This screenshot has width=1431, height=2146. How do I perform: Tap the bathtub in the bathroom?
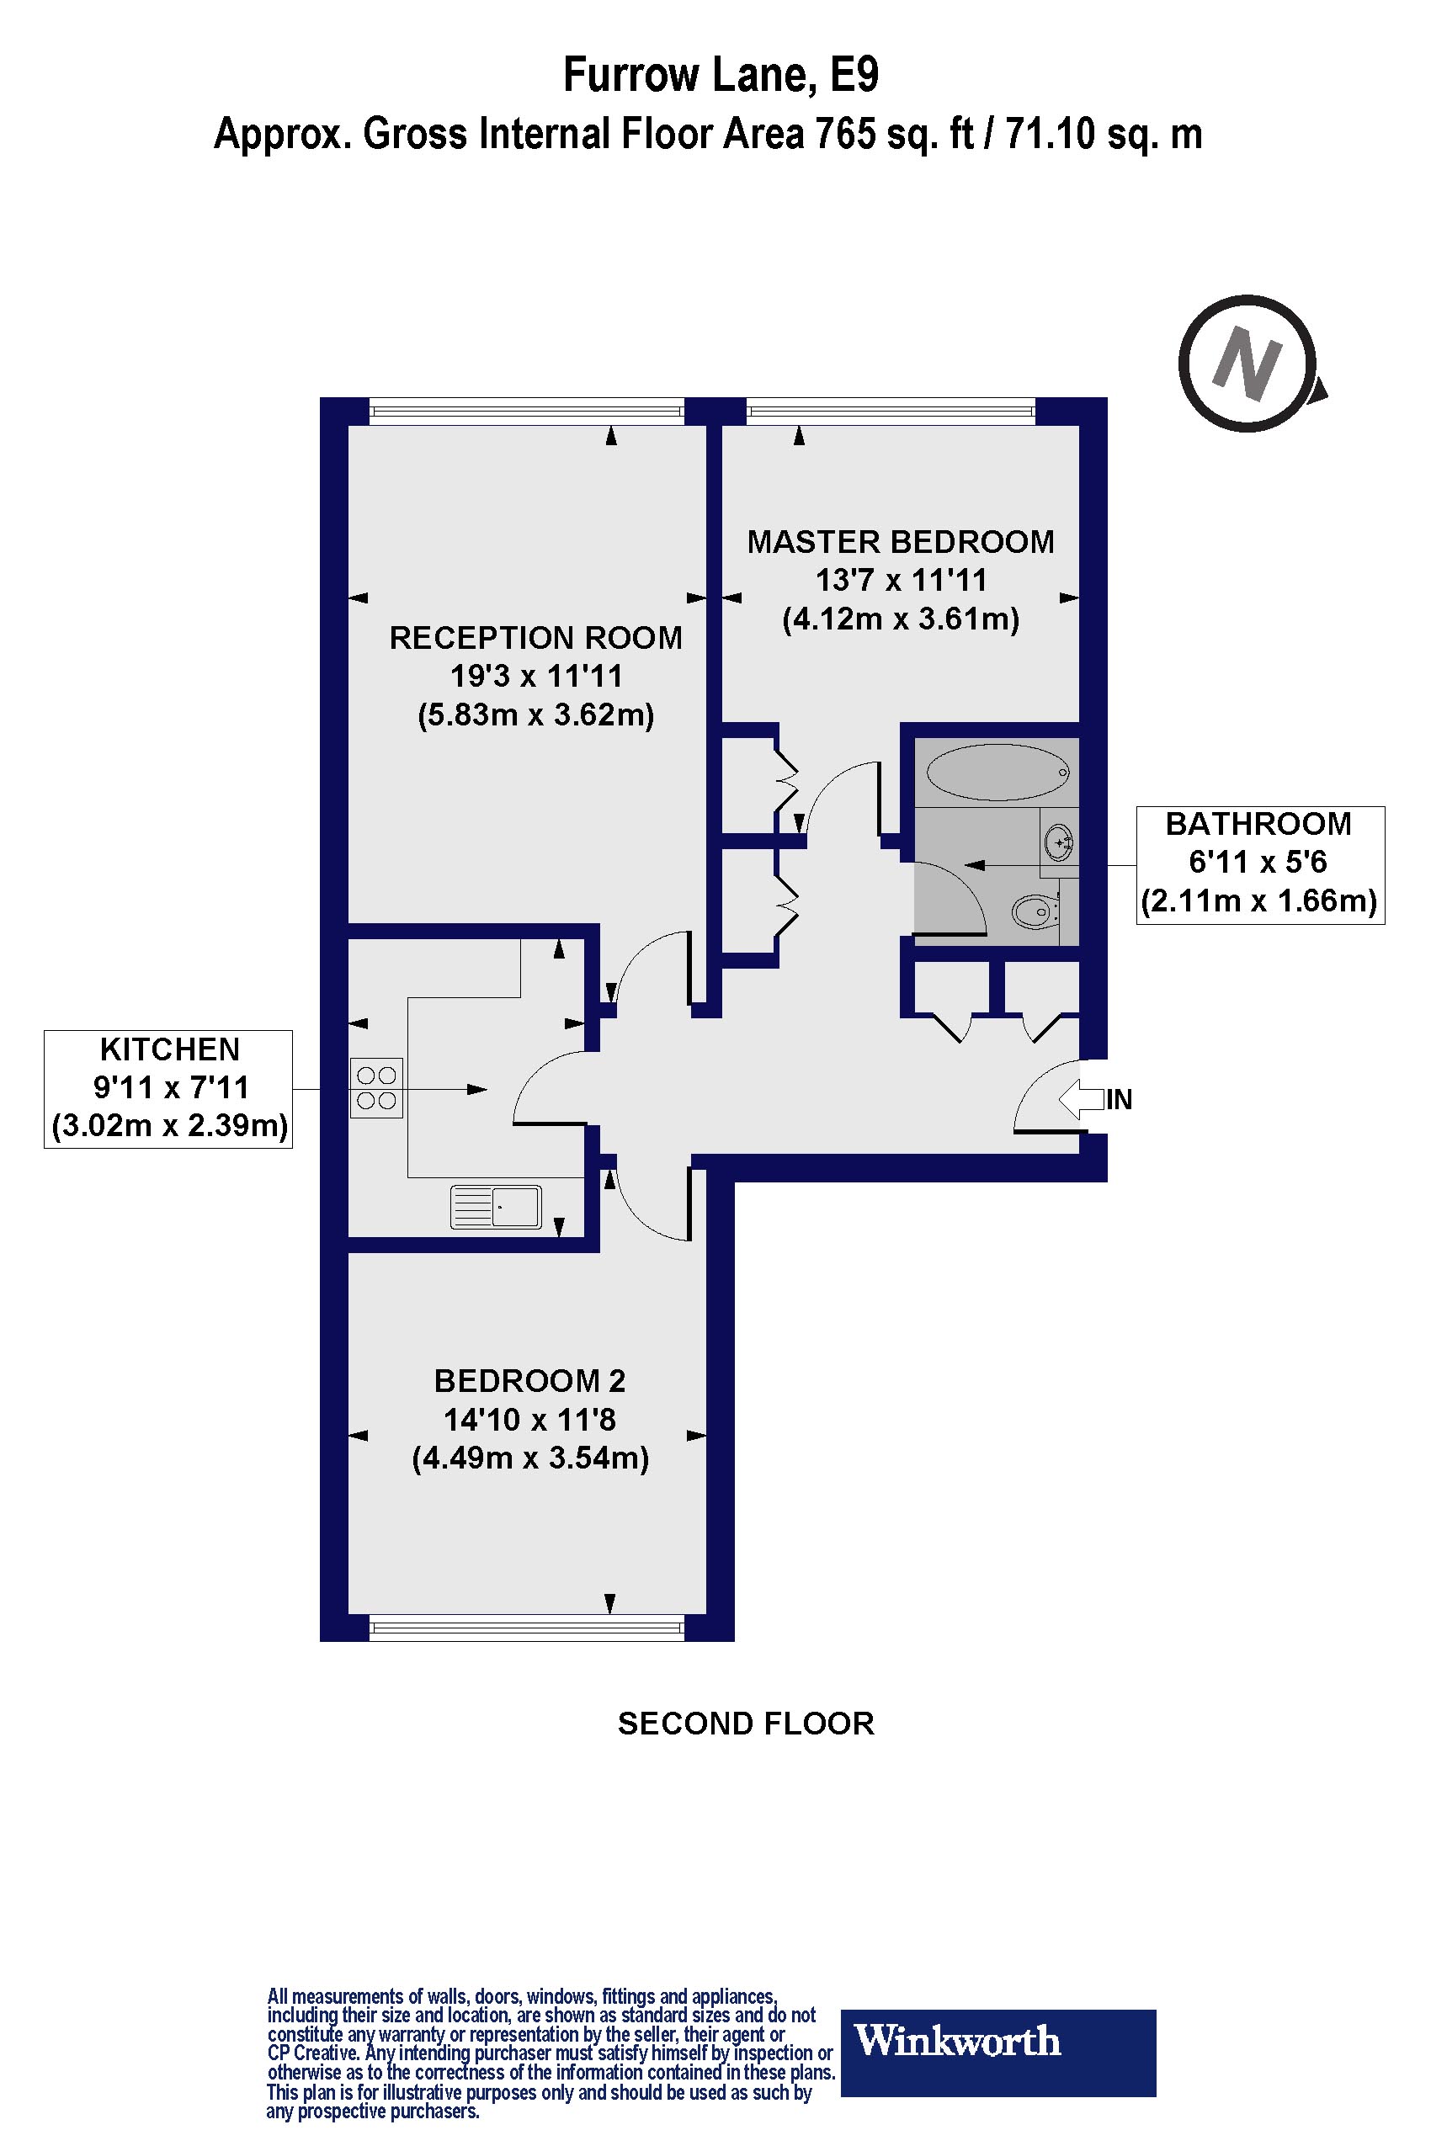tap(997, 772)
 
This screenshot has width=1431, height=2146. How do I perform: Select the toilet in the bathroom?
tap(1035, 910)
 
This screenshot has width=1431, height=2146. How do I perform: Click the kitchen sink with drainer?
tap(496, 1207)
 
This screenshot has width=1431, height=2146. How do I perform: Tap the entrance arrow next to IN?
tap(1081, 1098)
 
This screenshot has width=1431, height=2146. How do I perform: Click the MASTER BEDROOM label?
tap(900, 542)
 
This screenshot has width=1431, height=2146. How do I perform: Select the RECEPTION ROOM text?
tap(535, 638)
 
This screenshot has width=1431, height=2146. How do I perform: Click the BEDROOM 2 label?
tap(529, 1380)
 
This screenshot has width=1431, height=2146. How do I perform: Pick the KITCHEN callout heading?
tap(170, 1049)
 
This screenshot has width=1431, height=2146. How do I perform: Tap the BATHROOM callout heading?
tap(1258, 824)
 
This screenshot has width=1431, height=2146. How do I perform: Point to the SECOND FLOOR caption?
tap(746, 1724)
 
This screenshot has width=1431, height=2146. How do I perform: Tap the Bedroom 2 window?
tap(528, 1627)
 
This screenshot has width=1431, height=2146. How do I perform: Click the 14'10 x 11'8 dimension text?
tap(529, 1420)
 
